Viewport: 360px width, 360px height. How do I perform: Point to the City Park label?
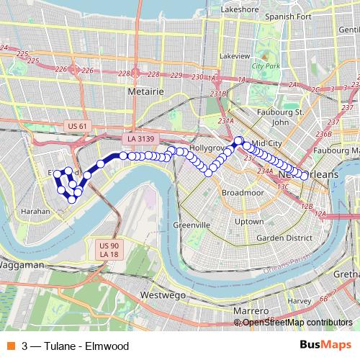click(x=266, y=66)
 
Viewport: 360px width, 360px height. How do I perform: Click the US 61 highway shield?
click(x=76, y=126)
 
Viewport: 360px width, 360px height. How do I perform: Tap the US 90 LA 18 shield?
click(x=109, y=250)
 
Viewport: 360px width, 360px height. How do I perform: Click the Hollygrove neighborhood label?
click(x=208, y=148)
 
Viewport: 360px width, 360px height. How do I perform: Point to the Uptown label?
click(x=249, y=221)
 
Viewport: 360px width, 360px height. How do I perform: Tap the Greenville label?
click(x=192, y=225)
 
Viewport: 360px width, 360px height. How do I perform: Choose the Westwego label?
click(x=164, y=295)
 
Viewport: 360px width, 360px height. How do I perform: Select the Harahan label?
click(x=35, y=212)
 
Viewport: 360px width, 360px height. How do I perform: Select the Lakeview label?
click(x=235, y=55)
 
